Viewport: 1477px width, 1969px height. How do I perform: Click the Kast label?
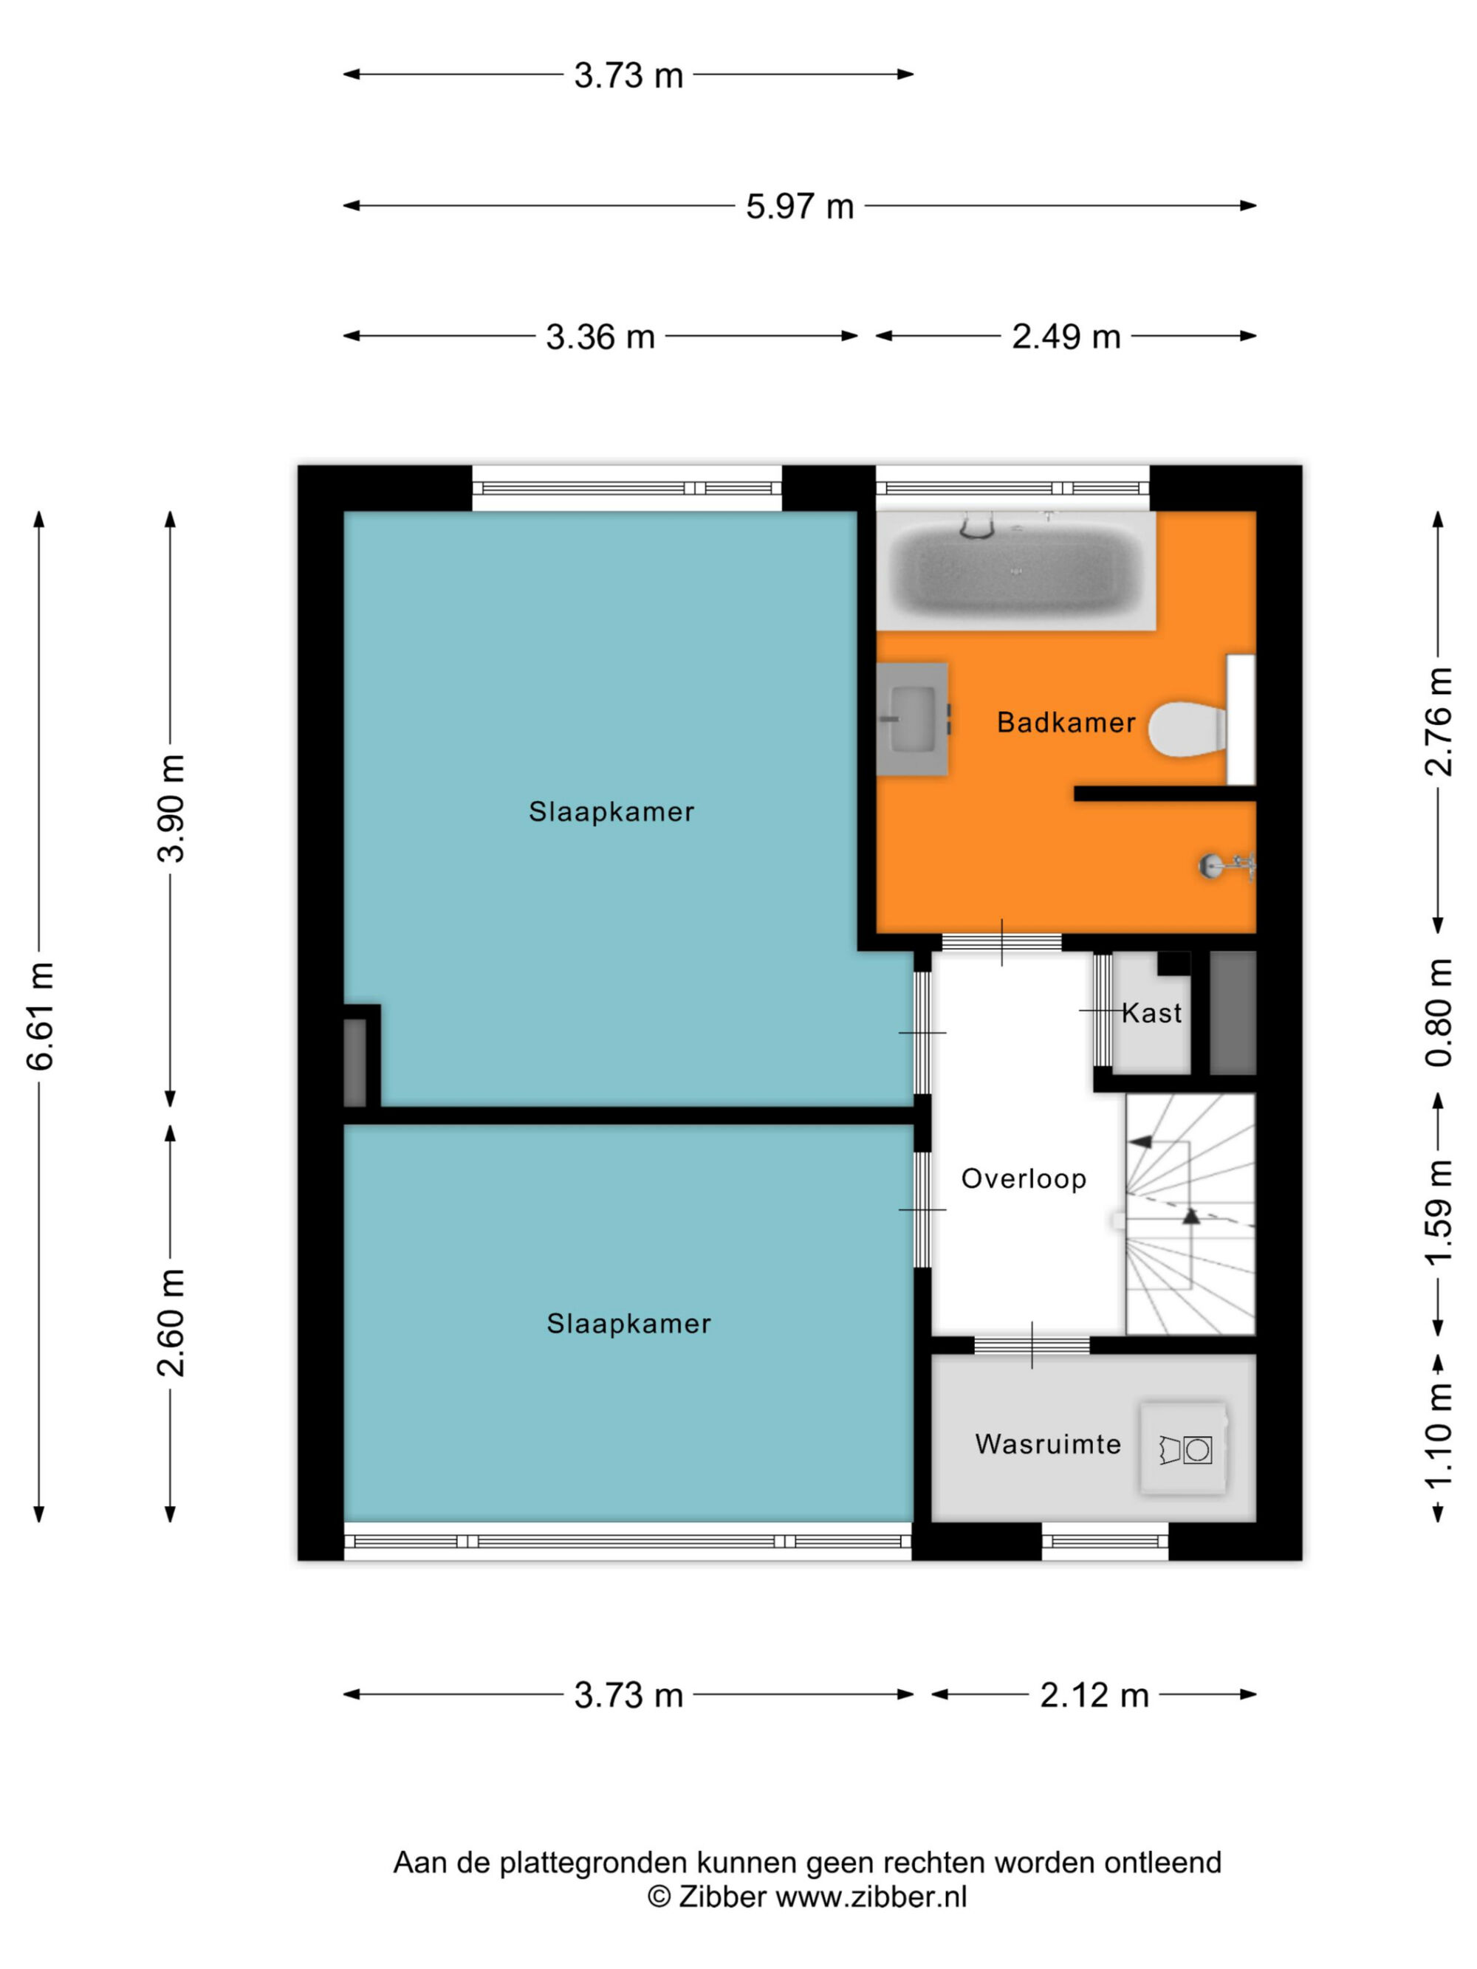[1152, 1012]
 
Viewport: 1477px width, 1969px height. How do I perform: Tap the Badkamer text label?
[1066, 722]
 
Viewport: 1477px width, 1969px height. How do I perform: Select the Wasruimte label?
[1048, 1444]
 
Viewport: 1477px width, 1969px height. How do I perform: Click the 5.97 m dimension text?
[800, 207]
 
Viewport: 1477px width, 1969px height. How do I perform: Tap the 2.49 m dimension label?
[1066, 337]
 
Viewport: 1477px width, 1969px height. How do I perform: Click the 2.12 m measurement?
[1094, 1695]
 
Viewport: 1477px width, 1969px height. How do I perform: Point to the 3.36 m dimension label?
[600, 337]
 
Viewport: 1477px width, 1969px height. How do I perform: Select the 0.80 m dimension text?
[1439, 1012]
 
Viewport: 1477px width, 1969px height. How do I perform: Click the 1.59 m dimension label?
[1439, 1212]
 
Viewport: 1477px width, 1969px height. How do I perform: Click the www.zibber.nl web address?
[871, 1897]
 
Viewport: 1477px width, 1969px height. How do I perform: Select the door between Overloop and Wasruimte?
[1032, 1345]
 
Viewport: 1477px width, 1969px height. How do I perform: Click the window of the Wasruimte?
[1105, 1541]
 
